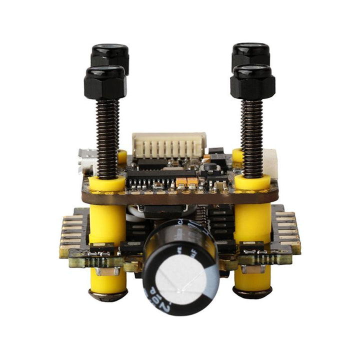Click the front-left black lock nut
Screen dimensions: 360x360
pos(105,82)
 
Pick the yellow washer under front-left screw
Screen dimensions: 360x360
pos(107,182)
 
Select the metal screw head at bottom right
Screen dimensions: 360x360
pos(253,293)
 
